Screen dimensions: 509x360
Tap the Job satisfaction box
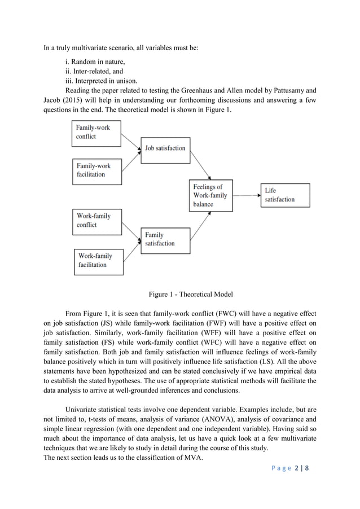click(165, 148)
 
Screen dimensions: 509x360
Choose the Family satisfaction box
click(165, 239)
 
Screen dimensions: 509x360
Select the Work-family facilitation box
click(99, 260)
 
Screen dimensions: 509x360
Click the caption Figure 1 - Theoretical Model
click(191, 294)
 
